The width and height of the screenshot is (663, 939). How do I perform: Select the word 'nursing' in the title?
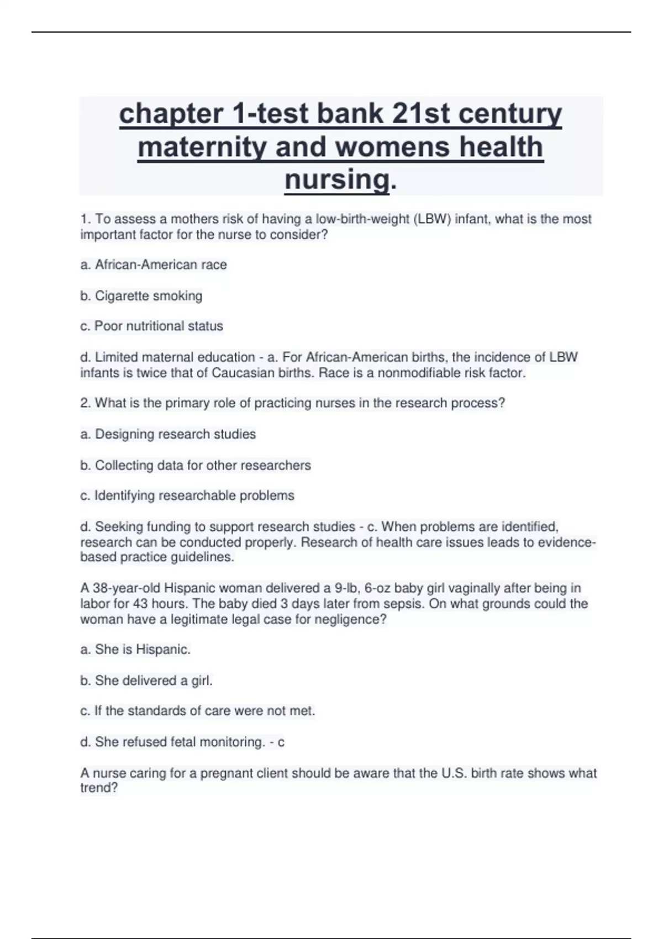pos(337,180)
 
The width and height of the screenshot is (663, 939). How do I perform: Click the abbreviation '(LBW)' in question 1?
pos(432,219)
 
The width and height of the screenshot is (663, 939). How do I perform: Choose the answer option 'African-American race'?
pos(160,265)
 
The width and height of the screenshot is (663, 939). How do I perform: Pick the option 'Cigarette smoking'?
pos(148,296)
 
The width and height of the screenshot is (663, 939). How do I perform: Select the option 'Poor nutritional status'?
pos(159,326)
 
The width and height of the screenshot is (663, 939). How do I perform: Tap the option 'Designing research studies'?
pos(175,434)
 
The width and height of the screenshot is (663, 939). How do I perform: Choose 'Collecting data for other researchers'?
pos(203,466)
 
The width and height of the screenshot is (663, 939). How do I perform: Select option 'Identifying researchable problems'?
pos(194,495)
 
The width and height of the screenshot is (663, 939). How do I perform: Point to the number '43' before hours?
pos(140,604)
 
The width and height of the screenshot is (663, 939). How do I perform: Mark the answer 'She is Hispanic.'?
pos(143,650)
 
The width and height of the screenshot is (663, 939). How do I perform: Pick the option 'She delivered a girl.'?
pos(154,680)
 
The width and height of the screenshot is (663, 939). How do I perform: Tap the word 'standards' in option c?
pos(155,711)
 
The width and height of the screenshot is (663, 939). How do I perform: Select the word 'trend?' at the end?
pos(99,788)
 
